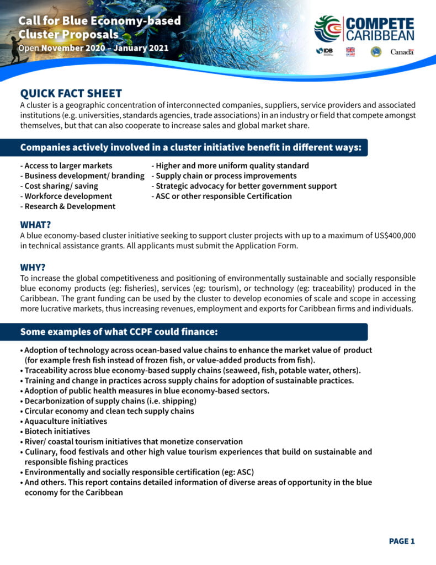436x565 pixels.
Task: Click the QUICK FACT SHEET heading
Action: click(x=71, y=93)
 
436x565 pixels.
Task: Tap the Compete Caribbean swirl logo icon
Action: click(x=327, y=29)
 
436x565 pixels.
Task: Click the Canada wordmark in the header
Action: click(x=402, y=51)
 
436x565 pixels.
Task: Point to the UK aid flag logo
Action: click(x=350, y=51)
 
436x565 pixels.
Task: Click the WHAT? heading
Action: click(x=36, y=225)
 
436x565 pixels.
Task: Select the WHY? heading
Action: click(x=33, y=268)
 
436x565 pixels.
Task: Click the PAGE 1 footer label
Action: click(x=402, y=541)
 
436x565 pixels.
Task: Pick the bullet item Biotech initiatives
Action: click(x=56, y=431)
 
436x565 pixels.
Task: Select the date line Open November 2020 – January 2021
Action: click(x=93, y=47)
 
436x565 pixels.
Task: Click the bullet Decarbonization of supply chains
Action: click(x=110, y=401)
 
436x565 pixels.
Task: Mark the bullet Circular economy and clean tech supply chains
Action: click(x=109, y=411)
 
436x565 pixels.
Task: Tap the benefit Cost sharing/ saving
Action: click(x=59, y=186)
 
